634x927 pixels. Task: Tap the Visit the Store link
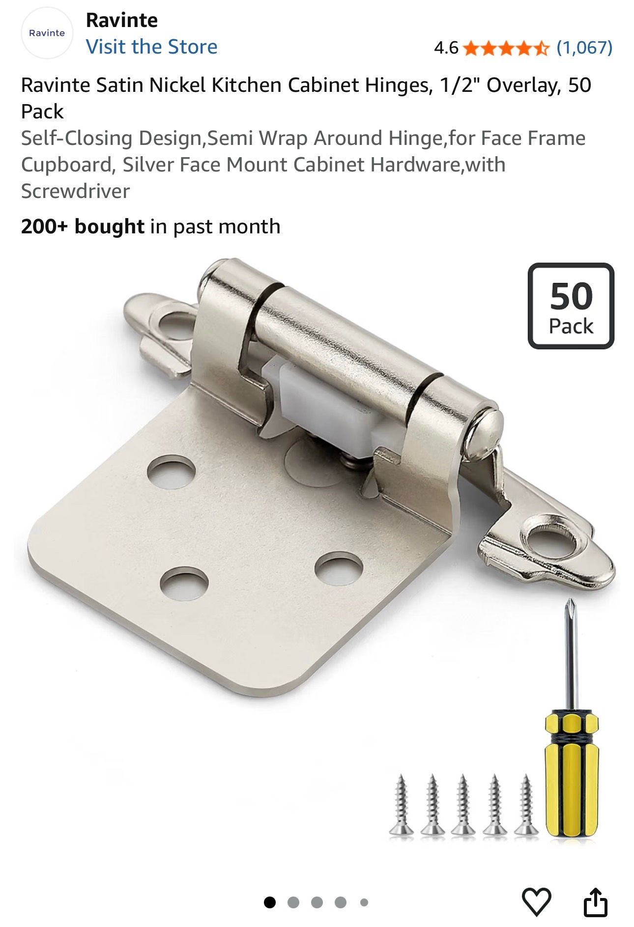151,47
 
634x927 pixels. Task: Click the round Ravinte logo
47,33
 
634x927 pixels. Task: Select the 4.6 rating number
446,48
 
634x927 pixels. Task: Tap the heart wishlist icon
536,902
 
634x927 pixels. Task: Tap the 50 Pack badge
571,306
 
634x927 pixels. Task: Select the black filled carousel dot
270,902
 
